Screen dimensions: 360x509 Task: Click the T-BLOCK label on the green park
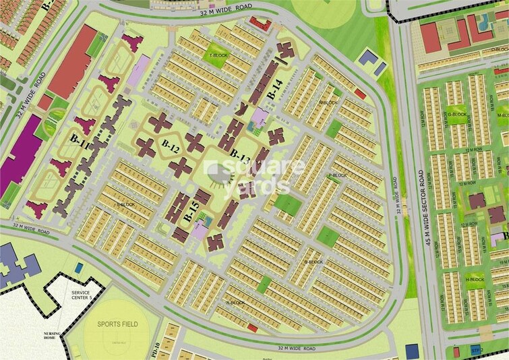(x=219, y=55)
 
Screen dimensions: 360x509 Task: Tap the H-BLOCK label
(x=476, y=278)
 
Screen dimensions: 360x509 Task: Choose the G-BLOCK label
(x=456, y=115)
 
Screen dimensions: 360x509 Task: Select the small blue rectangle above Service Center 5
(x=80, y=269)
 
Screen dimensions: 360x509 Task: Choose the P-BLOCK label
(x=337, y=176)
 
